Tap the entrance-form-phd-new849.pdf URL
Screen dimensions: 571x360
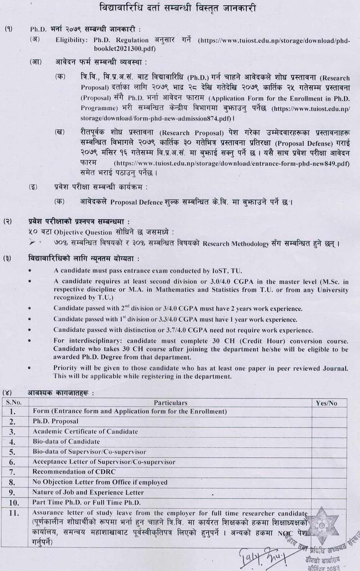point(232,164)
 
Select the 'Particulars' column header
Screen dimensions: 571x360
point(170,403)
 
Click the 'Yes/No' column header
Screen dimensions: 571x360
point(327,403)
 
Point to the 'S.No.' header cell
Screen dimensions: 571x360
point(14,403)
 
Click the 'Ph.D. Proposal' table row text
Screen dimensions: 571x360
point(55,421)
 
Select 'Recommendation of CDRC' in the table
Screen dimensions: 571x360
point(74,472)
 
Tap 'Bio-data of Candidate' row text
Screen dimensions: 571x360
point(66,441)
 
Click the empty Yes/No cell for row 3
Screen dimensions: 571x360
point(329,431)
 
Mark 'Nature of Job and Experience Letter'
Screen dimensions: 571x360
point(88,492)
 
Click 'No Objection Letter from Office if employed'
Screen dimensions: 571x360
point(100,482)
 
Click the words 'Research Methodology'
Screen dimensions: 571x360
point(236,244)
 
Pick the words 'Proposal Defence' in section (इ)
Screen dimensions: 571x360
point(136,202)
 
